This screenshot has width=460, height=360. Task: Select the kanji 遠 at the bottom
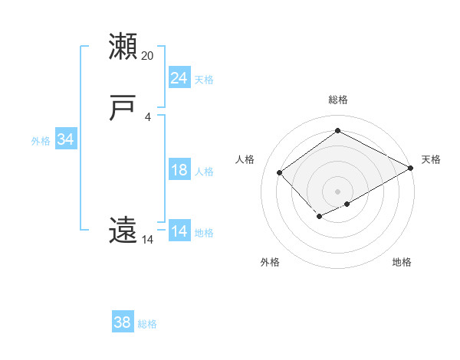pos(123,231)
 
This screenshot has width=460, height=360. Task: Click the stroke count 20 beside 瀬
pos(148,55)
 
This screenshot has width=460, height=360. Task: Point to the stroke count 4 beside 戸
pos(148,116)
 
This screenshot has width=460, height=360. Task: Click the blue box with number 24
pos(179,78)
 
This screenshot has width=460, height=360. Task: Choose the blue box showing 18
pos(179,170)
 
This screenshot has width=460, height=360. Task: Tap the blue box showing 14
pos(179,231)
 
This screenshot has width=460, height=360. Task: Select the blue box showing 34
pos(65,139)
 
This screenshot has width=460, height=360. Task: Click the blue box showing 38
pos(122,322)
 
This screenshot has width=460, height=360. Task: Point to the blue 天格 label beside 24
pos(204,80)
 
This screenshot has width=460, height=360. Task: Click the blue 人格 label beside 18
pos(204,172)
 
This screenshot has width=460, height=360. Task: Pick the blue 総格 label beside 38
pos(147,324)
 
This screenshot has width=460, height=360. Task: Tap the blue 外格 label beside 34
pos(41,141)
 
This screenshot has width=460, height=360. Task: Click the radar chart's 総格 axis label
pos(337,100)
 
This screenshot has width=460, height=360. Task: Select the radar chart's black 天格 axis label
pos(431,159)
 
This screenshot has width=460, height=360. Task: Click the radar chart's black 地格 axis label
pos(402,262)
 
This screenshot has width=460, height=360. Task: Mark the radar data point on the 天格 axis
pos(411,168)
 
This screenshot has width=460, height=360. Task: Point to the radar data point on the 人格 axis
pos(280,172)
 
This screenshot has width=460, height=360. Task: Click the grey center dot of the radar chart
pos(337,191)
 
